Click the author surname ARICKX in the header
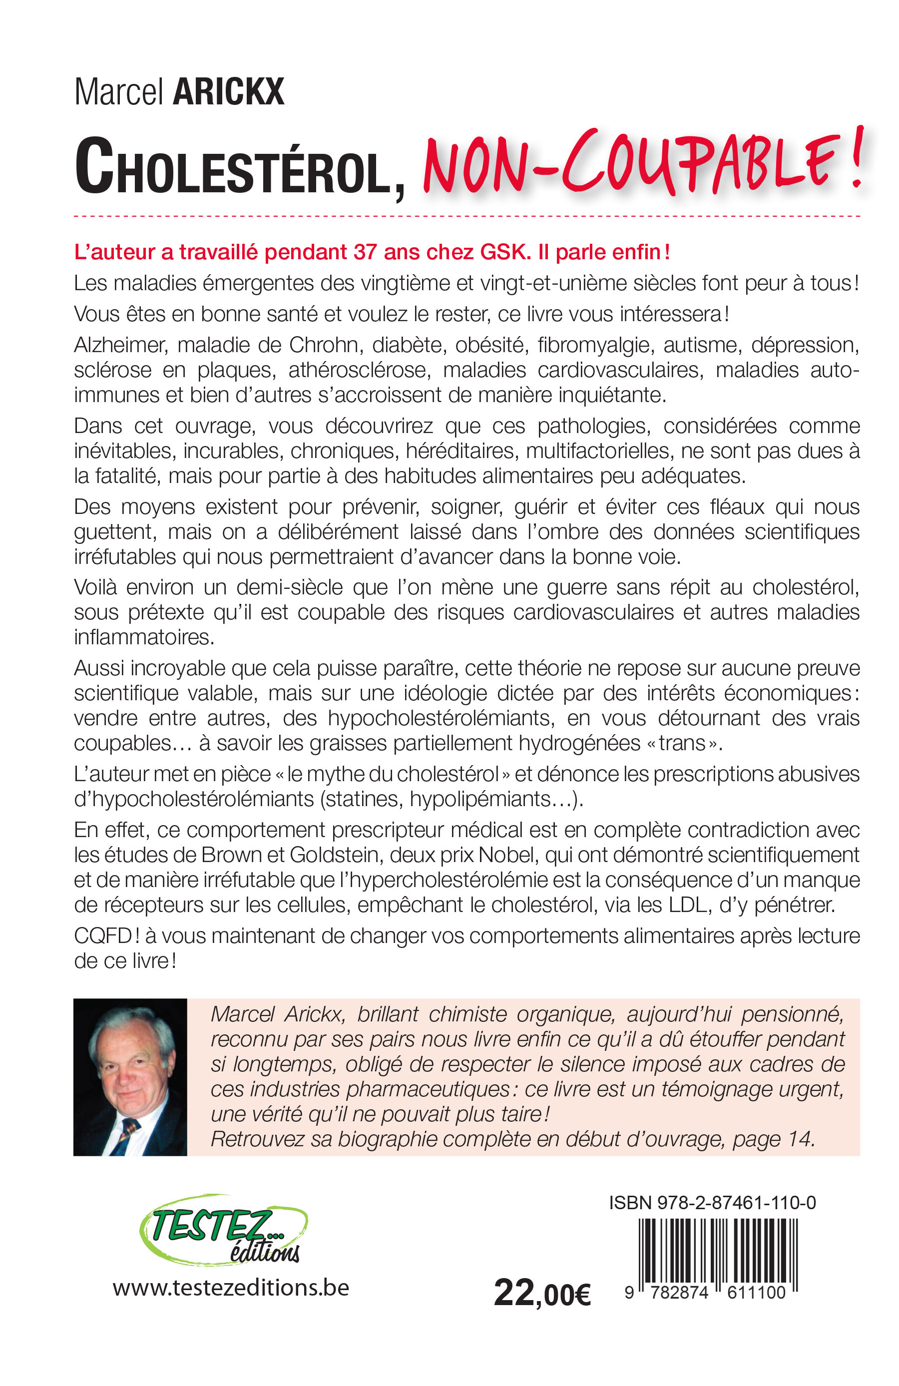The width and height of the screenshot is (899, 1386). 228,92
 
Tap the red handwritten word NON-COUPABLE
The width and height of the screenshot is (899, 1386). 640,163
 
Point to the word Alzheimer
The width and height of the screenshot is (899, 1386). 120,345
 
